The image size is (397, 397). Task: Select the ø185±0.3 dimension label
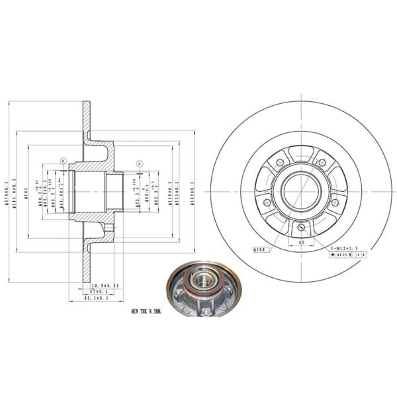coord(193,192)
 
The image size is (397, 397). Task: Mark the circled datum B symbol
coord(63,161)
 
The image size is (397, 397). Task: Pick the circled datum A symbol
coord(140,163)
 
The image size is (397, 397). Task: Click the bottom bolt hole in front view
coord(301,228)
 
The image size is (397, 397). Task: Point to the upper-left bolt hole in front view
coord(280,163)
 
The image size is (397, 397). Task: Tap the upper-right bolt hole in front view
coord(322,163)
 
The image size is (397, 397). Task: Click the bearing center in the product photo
coord(203,281)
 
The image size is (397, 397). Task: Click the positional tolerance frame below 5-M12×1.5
coord(345,253)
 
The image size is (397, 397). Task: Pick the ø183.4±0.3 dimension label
coord(17,192)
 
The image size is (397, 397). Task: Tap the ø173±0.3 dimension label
coord(179,192)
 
